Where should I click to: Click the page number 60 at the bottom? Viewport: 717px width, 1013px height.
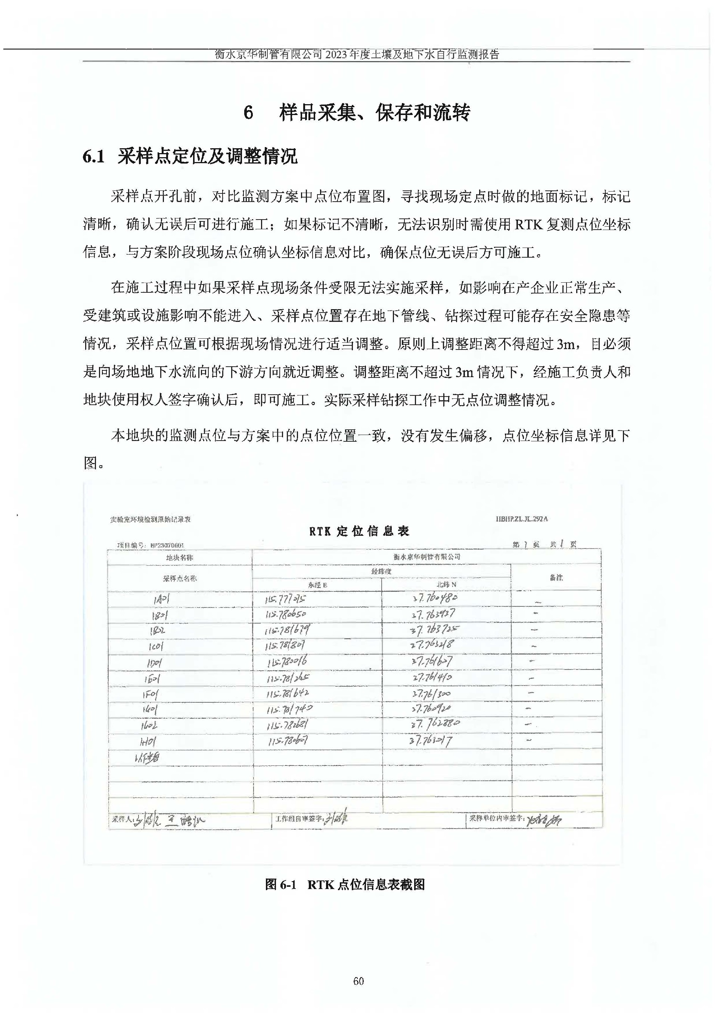click(358, 981)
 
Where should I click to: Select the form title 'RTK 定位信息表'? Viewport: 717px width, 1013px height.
click(359, 531)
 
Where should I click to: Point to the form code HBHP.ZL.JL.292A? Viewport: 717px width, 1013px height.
click(521, 519)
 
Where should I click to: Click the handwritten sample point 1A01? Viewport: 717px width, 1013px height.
click(161, 599)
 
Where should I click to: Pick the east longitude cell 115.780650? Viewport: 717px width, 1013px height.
click(286, 615)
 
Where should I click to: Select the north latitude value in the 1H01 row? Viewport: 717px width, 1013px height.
click(431, 741)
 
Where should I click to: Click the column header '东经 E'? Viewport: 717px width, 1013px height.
click(317, 585)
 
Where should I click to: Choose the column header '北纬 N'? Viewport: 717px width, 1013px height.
click(446, 584)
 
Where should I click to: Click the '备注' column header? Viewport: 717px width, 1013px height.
click(556, 577)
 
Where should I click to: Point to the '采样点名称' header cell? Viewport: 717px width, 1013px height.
click(180, 578)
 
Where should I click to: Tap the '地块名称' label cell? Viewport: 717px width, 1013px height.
click(180, 557)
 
